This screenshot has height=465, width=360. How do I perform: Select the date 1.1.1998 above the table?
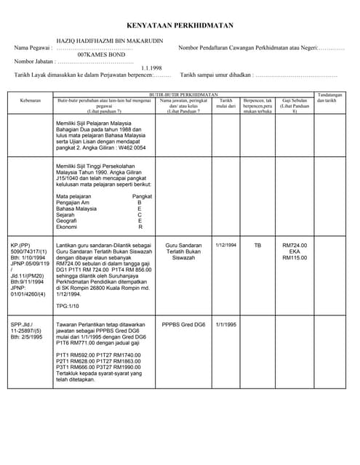153,68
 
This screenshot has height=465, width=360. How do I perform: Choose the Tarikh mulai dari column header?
226,103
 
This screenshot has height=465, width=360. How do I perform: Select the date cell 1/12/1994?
226,246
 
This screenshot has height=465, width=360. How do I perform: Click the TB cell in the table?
257,246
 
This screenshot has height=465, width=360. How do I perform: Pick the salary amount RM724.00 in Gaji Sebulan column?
295,246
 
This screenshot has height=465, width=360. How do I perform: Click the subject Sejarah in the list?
66,215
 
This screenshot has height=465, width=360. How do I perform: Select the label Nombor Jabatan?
33,62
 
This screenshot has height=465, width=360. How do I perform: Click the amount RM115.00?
295,258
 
